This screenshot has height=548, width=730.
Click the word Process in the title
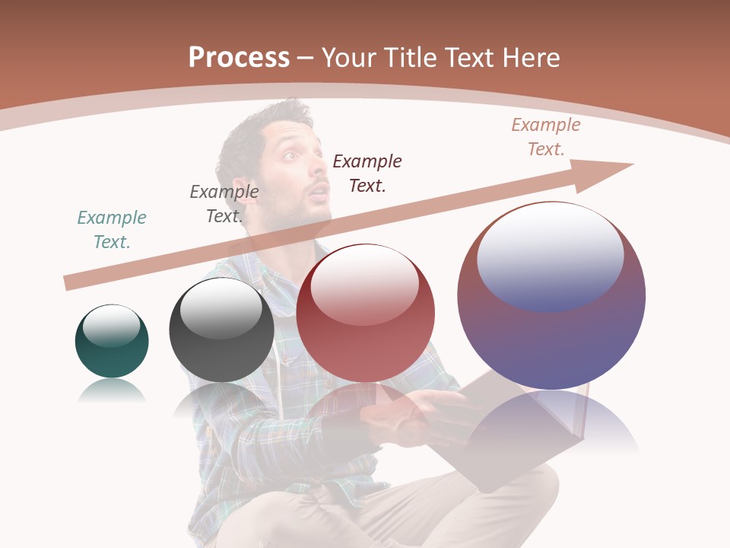pos(239,58)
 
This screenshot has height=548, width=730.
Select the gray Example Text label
pos(224,204)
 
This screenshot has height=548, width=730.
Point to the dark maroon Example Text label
pos(367,174)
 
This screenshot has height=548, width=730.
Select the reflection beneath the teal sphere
pos(112,391)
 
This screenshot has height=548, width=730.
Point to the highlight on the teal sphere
pos(111,325)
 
